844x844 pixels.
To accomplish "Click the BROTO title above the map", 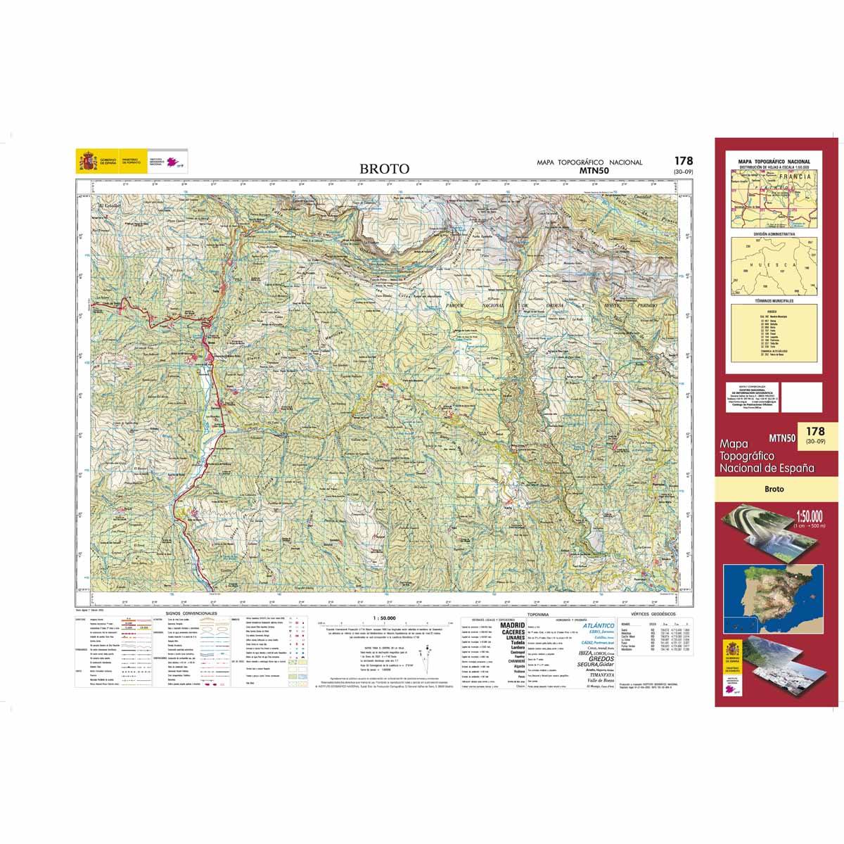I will pyautogui.click(x=384, y=169).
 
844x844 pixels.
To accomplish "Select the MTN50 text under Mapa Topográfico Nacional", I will pyautogui.click(x=589, y=170).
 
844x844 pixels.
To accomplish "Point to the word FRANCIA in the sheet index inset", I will pyautogui.click(x=795, y=177).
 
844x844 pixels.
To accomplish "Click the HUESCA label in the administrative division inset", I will pyautogui.click(x=774, y=265).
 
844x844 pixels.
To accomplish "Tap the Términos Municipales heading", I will pyautogui.click(x=774, y=300).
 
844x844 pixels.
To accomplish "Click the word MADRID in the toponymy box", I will pyautogui.click(x=512, y=625).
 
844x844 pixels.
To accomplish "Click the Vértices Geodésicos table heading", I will pyautogui.click(x=654, y=613).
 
